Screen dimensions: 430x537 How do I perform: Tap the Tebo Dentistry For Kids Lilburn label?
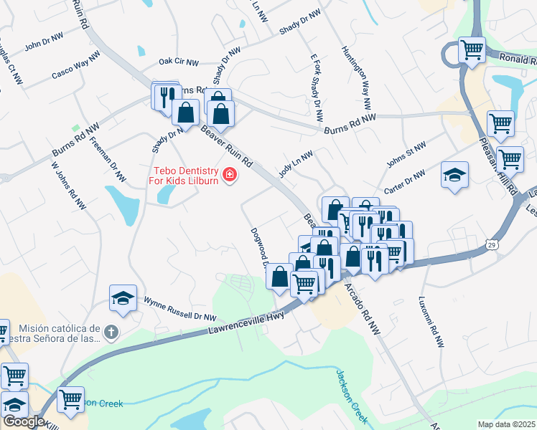click(186, 176)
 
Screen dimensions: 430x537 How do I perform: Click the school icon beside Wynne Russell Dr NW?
click(123, 297)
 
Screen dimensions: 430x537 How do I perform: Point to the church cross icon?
click(110, 333)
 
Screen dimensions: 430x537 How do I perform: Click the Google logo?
click(23, 421)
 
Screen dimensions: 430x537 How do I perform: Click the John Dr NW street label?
click(45, 46)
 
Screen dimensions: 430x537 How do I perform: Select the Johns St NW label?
click(406, 155)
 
